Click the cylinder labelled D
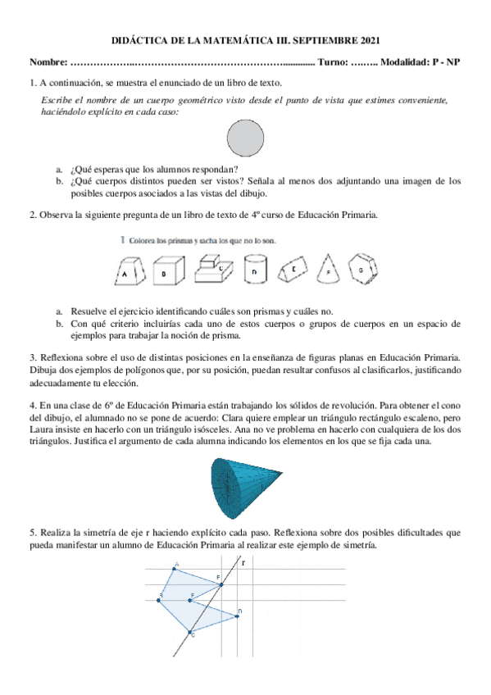257,270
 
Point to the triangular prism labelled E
293,269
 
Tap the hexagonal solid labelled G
361,268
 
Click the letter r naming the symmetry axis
243,562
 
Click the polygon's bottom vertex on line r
191,632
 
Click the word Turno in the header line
330,63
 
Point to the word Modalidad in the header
406,63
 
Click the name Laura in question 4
41,428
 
